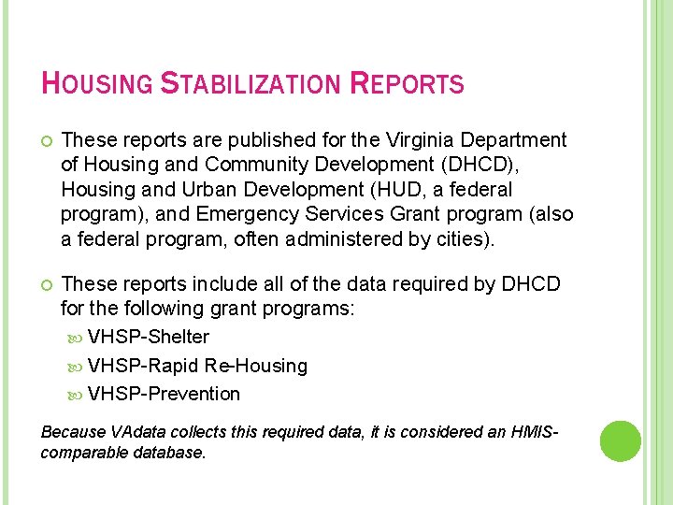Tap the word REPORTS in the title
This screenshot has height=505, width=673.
407,84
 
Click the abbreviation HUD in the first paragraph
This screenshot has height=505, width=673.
388,189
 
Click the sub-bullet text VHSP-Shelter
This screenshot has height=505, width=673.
149,337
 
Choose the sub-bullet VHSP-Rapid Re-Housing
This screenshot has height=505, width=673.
197,366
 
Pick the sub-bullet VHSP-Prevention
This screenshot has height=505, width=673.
164,394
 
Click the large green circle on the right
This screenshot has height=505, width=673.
620,440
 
